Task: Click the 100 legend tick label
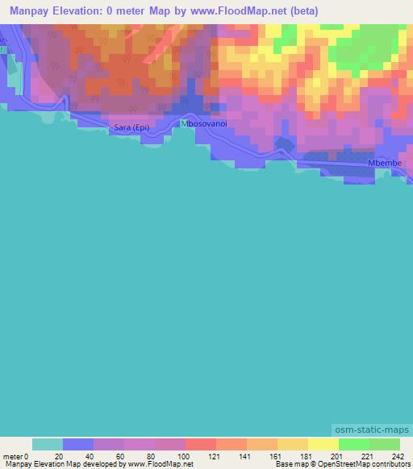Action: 185,455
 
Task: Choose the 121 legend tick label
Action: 215,455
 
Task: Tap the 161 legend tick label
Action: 277,455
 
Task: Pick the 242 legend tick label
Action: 398,455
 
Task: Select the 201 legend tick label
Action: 338,455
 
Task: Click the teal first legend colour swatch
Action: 47,444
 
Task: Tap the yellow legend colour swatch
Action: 323,444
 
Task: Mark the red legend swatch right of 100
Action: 200,444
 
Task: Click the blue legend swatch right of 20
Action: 77,444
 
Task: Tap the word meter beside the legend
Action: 11,455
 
